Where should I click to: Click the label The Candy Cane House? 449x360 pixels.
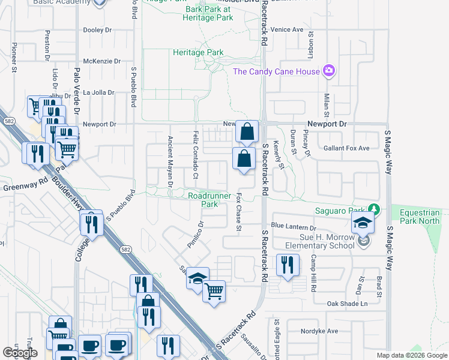[276, 72]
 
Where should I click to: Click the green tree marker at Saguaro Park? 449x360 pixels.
[375, 209]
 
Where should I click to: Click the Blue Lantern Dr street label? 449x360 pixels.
[294, 227]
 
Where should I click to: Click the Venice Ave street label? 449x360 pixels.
[286, 29]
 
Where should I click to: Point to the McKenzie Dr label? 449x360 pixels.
[102, 61]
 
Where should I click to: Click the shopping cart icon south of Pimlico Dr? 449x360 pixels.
[214, 292]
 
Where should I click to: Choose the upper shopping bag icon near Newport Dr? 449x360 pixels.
[247, 131]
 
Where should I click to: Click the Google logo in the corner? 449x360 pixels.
[21, 352]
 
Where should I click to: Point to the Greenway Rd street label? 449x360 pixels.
[25, 187]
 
